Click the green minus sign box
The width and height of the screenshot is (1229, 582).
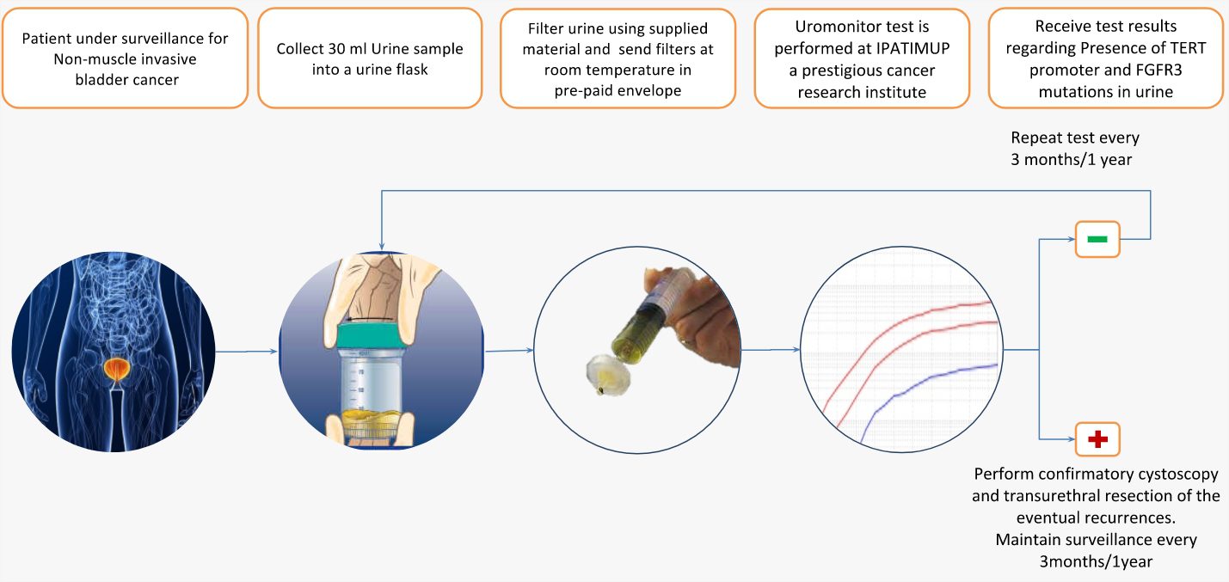pos(1097,239)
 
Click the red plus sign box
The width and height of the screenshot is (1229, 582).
pos(1097,438)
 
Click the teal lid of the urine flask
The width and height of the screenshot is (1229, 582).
pos(372,335)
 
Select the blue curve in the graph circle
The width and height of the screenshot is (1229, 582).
pos(927,394)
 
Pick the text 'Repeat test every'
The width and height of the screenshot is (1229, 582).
pos(1075,138)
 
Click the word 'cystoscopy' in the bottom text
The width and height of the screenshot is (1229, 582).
pos(1172,475)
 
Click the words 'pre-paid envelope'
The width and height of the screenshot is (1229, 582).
pos(618,90)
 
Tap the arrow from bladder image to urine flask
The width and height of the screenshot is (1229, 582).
pos(246,351)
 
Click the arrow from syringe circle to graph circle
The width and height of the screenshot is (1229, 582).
pos(771,349)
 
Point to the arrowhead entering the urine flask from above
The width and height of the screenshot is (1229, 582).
pos(381,247)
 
